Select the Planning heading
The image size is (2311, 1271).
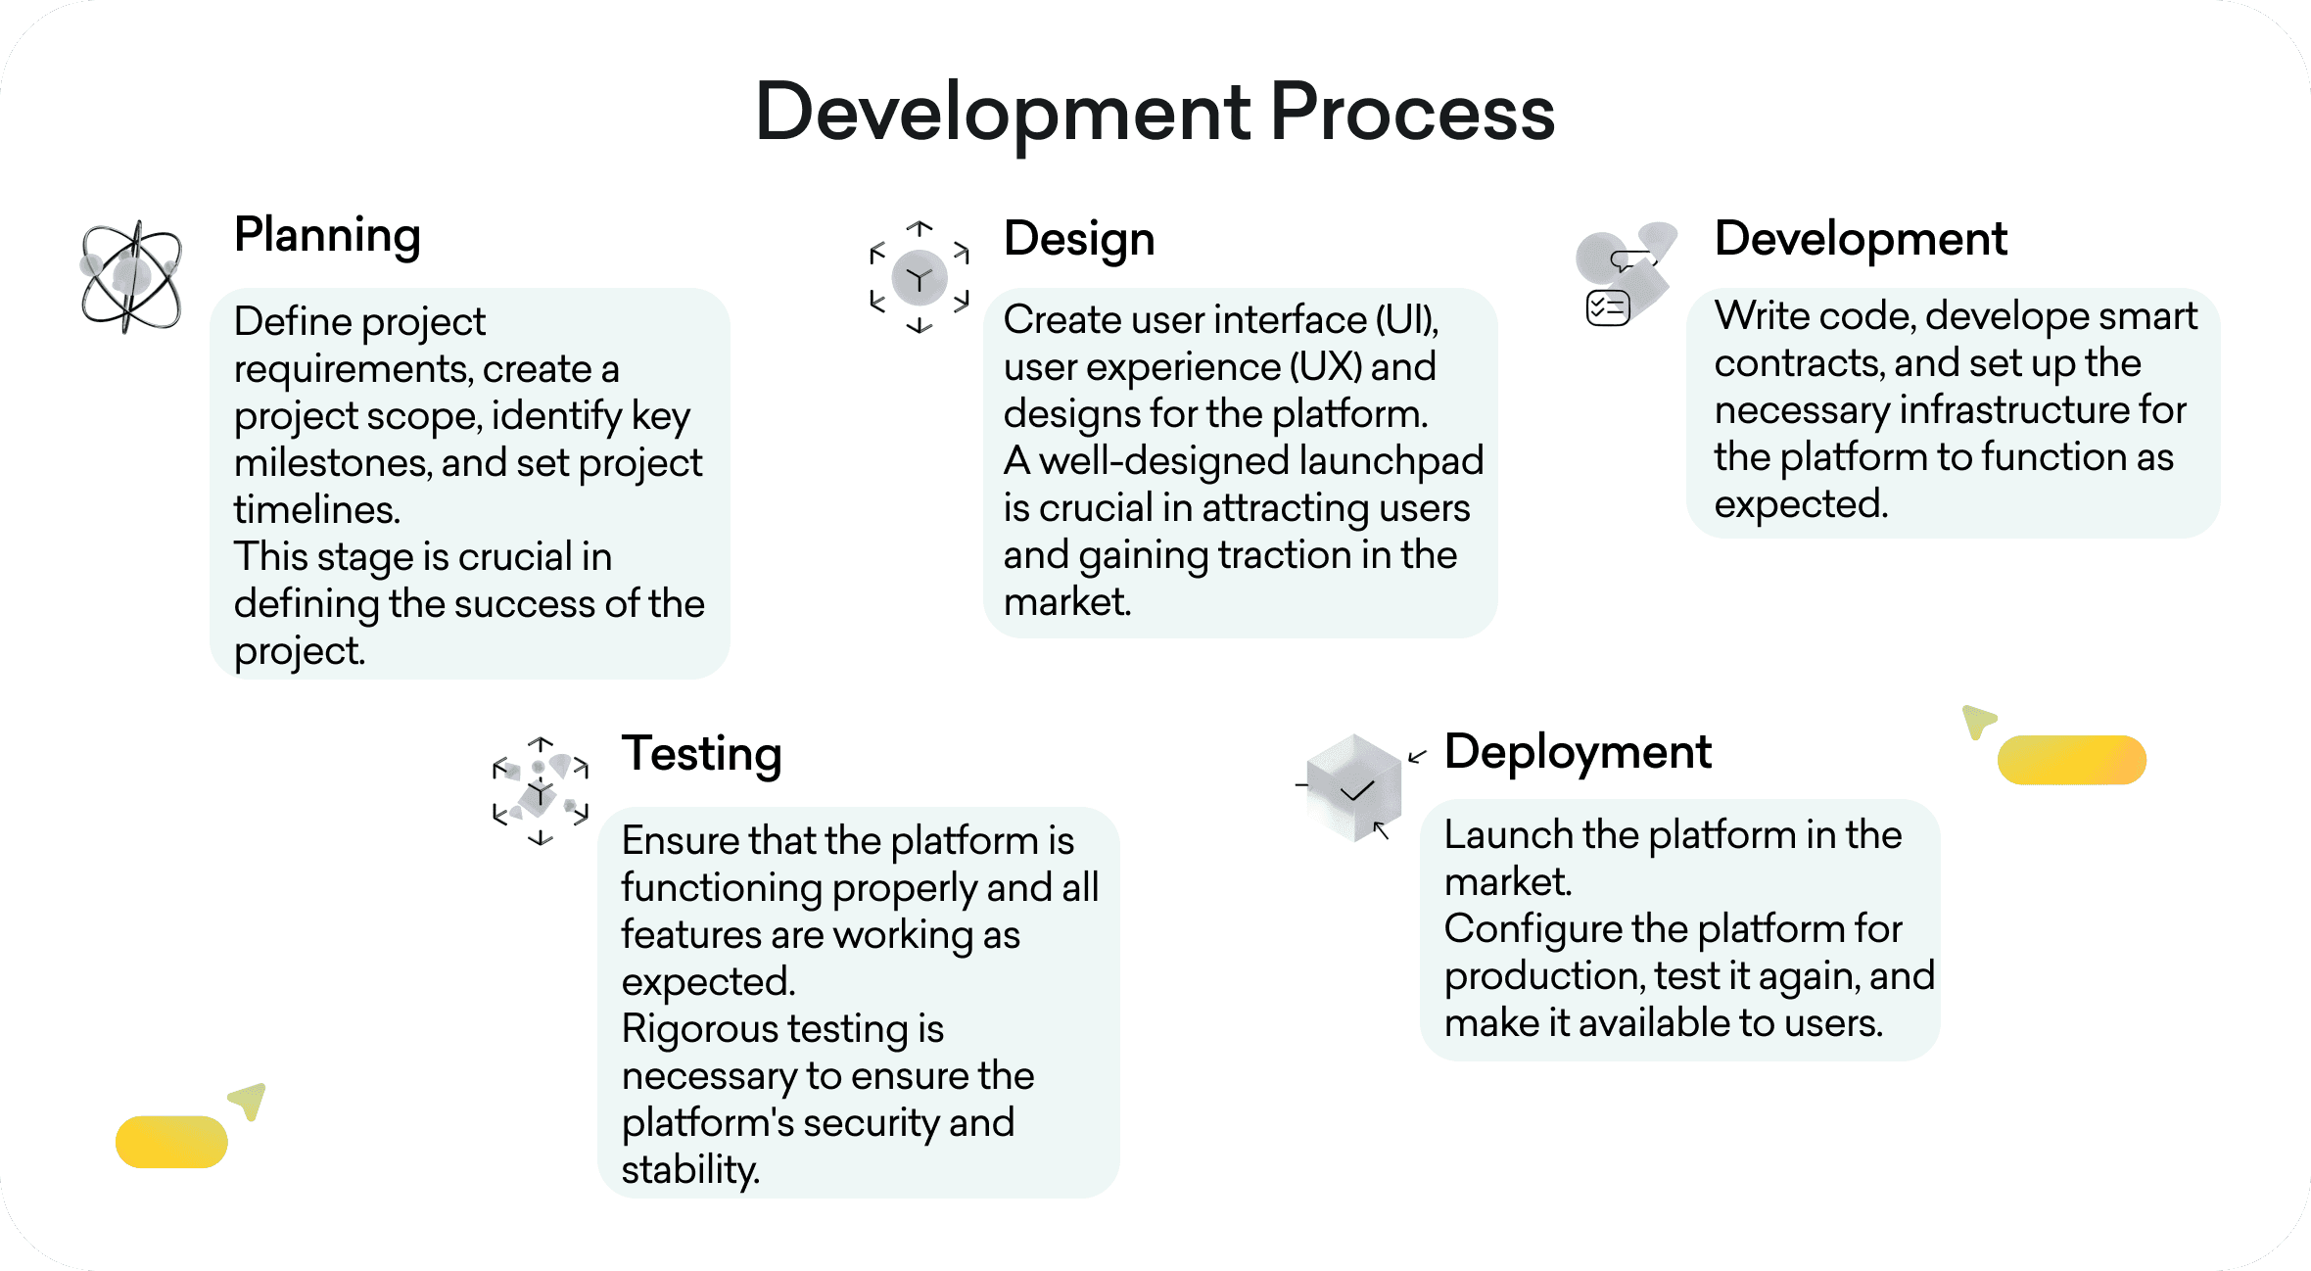pos(327,236)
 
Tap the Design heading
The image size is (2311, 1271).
pos(1079,239)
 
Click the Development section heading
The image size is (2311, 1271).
pos(1861,239)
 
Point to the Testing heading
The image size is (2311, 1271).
pos(701,754)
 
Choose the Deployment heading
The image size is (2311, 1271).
pos(1578,752)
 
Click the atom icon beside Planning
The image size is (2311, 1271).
pos(131,276)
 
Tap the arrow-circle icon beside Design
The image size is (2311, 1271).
pos(920,278)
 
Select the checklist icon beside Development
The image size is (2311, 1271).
pos(1608,307)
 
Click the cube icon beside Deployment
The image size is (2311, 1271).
pos(1354,788)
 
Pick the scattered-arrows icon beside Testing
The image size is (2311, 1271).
pos(541,791)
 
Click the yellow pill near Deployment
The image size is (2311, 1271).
pos(2071,760)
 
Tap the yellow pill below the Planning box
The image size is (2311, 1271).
pos(171,1142)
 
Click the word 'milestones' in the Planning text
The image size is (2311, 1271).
pos(332,463)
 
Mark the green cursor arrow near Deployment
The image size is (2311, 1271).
pos(1978,721)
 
